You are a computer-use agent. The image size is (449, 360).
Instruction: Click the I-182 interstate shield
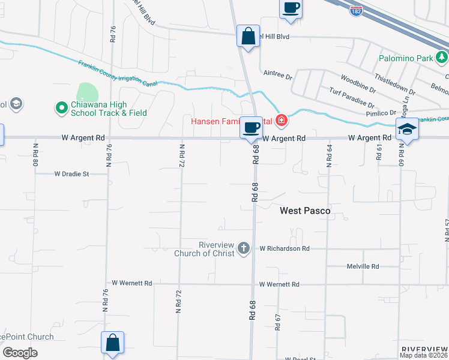pos(357,10)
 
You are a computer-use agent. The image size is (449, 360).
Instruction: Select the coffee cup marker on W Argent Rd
pos(251,127)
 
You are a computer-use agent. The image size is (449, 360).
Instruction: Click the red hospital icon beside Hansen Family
pos(281,121)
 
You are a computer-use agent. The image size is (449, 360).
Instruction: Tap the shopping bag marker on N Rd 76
pos(112,343)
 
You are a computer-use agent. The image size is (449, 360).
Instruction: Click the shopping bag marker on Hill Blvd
pos(248,36)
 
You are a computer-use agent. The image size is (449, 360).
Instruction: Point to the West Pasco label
pos(306,211)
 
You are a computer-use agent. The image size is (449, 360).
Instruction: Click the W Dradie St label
pos(71,174)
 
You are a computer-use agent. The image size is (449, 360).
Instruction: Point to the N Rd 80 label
pos(35,154)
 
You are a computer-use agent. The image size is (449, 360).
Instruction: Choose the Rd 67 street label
pos(278,322)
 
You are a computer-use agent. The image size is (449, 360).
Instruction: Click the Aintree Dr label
pos(277,77)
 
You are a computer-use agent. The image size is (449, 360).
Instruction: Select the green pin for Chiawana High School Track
pos(61,108)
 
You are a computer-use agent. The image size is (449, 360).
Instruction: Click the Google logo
pos(19,352)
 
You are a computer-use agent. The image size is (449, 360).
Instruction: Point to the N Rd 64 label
pos(328,155)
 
